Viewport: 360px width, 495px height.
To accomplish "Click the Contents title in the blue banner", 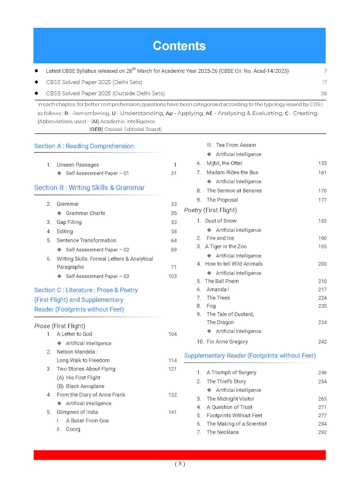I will pos(179,46).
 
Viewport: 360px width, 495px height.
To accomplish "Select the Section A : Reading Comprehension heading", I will pos(84,146).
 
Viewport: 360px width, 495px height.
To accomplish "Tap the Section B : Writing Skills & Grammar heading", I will pos(89,188).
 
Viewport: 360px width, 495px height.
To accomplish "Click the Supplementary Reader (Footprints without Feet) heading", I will pos(250,355).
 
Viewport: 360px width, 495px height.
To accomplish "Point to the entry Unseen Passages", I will pos(78,165).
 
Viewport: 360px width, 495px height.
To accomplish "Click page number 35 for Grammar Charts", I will pos(174,213).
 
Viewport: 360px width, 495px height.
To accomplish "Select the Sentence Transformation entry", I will pos(86,240).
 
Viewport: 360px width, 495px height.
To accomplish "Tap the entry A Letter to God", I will pos(74,334).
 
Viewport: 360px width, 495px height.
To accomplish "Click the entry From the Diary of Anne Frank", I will pos(91,395).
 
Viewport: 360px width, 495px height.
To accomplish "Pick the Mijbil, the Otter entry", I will pos(224,163).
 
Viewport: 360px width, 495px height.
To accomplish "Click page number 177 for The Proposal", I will pos(322,200).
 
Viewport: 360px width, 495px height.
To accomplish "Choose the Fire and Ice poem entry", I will pos(220,238).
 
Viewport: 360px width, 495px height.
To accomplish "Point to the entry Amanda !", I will pos(218,289).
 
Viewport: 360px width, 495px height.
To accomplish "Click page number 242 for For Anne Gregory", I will pos(322,342).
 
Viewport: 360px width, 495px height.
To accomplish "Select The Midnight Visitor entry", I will pos(230,399).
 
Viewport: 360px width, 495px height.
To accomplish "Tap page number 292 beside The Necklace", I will pos(322,432).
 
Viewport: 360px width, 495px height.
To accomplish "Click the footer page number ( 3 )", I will pos(180,464).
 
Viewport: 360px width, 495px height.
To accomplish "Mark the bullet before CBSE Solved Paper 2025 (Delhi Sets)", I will pos(36,82).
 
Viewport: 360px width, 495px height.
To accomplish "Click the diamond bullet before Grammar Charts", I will pos(59,213).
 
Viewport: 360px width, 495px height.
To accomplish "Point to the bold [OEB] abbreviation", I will pos(96,129).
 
